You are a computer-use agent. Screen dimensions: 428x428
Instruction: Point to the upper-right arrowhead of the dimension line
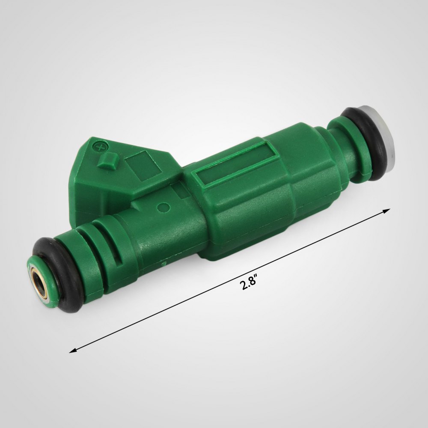point(386,211)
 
